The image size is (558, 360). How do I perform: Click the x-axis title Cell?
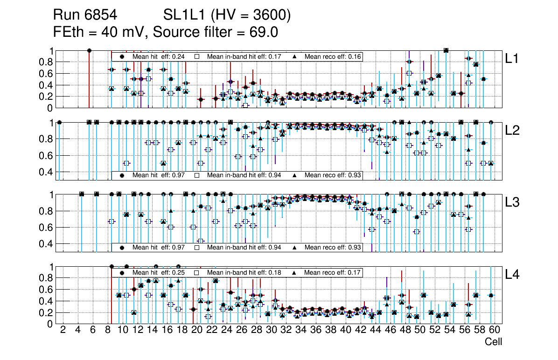(493, 342)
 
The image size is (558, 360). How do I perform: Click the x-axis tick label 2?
(63, 330)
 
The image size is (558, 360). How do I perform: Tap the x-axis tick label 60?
(495, 330)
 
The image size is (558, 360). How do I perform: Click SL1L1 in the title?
(185, 15)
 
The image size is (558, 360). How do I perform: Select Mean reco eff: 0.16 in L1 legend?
(332, 56)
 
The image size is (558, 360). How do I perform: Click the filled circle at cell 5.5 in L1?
(89, 50)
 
